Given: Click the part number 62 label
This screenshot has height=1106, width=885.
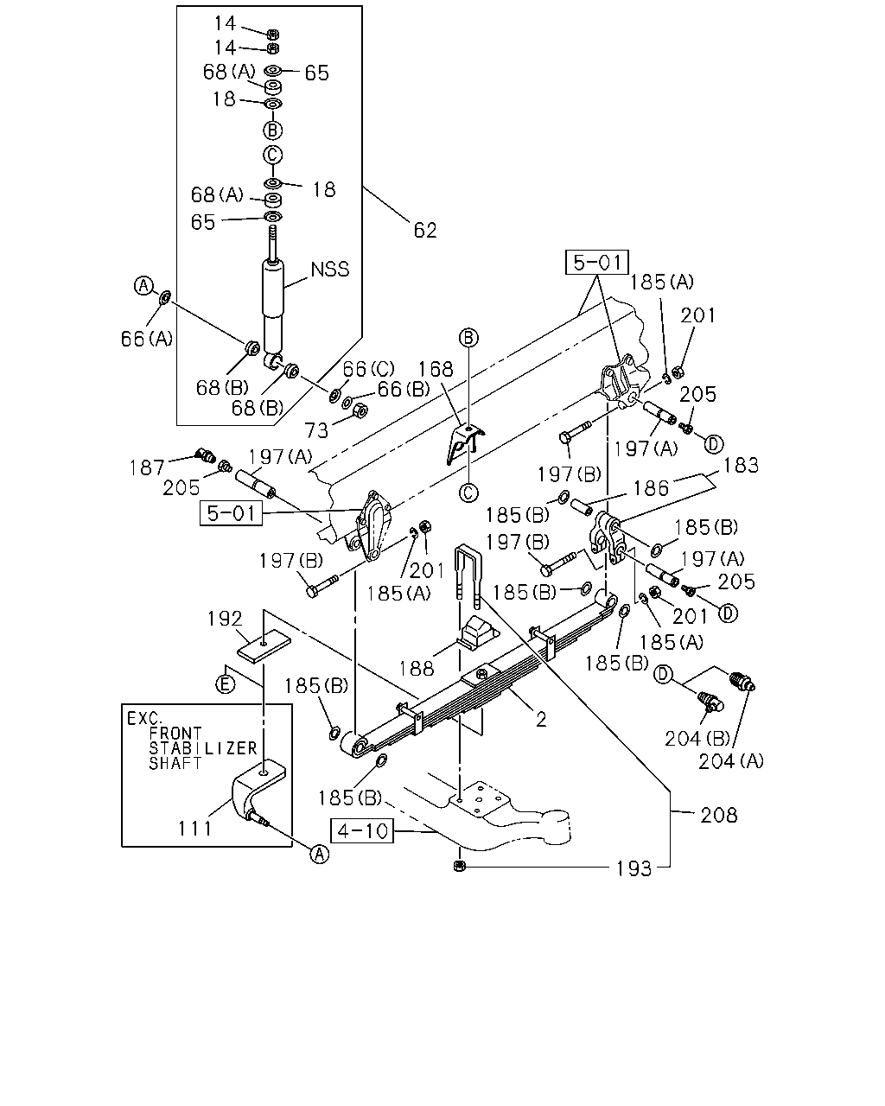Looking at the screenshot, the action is [425, 230].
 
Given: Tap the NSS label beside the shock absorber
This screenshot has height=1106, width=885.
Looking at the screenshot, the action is [330, 270].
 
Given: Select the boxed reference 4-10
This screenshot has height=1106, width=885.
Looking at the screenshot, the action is [362, 830].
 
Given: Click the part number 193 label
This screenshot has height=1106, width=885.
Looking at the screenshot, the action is [634, 868].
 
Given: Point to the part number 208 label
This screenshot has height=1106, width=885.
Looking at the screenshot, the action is [719, 815].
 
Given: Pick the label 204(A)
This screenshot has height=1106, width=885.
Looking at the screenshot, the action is [730, 761].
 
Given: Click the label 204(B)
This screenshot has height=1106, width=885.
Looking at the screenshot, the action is [697, 739].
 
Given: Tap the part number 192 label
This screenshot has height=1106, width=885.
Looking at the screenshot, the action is [225, 619].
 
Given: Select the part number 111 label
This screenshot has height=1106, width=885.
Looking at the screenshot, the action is [194, 828].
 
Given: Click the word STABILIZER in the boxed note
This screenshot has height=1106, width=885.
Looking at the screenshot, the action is [202, 748].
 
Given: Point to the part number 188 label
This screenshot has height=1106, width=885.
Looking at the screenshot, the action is [417, 669].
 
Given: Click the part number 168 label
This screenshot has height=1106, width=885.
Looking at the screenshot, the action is [436, 369].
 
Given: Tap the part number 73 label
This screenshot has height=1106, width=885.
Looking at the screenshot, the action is [316, 430].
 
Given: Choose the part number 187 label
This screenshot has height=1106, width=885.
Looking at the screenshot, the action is [147, 467].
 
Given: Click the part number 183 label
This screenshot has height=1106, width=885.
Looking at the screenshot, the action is [741, 466].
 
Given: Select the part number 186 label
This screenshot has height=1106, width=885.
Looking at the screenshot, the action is [651, 488].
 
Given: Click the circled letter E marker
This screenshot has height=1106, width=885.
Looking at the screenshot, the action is [226, 684].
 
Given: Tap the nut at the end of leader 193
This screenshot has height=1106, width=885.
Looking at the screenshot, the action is [460, 867].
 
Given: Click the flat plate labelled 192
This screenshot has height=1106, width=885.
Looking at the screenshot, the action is [264, 646].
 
